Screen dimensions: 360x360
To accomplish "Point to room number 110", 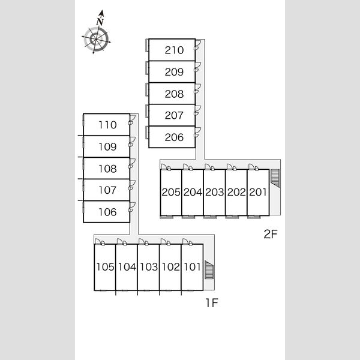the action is pyautogui.click(x=107, y=125).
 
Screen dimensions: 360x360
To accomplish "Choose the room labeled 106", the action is pyautogui.click(x=107, y=212).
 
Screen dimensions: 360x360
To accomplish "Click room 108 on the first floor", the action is pyautogui.click(x=107, y=169).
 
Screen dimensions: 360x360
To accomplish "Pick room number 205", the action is pyautogui.click(x=171, y=192).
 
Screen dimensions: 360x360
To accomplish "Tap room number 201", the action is pyautogui.click(x=258, y=192).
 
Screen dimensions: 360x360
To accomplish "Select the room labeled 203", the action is pyautogui.click(x=214, y=192).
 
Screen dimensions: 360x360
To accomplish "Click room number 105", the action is pyautogui.click(x=105, y=267).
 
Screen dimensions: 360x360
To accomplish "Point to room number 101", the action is pyautogui.click(x=193, y=267).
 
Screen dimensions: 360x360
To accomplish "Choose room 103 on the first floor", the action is pyautogui.click(x=149, y=267).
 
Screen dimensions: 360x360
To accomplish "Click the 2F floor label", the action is pyautogui.click(x=271, y=234).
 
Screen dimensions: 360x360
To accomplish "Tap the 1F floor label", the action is pyautogui.click(x=212, y=303).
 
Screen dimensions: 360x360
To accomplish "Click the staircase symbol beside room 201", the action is pyautogui.click(x=275, y=178).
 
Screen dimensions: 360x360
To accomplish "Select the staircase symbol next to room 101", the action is pyautogui.click(x=209, y=270).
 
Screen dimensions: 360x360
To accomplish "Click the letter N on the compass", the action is pyautogui.click(x=100, y=22).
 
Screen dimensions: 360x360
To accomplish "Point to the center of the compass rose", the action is pyautogui.click(x=96, y=39).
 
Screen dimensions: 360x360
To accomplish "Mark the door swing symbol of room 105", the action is pyautogui.click(x=98, y=241).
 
